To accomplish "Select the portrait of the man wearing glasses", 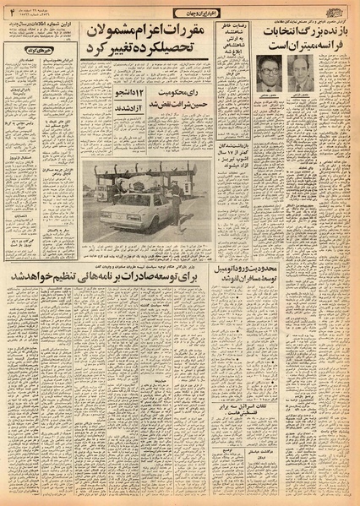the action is [x=269, y=73].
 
